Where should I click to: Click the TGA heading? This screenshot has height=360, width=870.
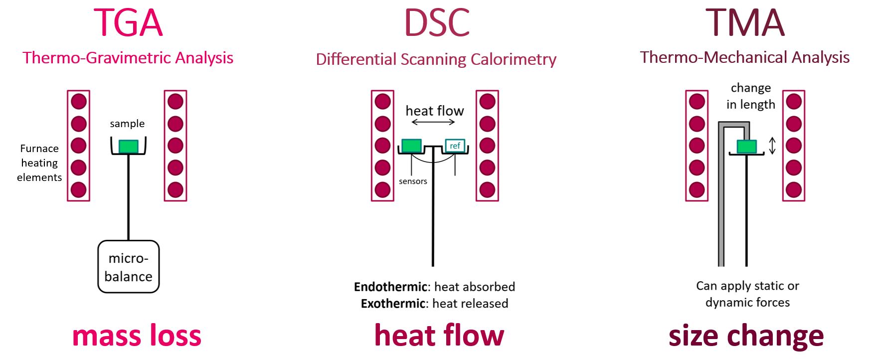(x=128, y=23)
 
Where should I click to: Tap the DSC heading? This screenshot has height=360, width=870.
(x=437, y=23)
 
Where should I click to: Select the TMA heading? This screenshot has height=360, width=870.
(x=745, y=23)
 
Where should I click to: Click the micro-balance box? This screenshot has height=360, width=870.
(x=128, y=267)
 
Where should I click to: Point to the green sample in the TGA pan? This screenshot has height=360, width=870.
(x=129, y=146)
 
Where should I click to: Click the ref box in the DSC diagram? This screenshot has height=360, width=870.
(x=455, y=146)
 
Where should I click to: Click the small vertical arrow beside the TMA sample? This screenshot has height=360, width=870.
(x=772, y=146)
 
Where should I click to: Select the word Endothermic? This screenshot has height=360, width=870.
(x=390, y=287)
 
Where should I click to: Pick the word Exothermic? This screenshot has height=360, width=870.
(x=393, y=303)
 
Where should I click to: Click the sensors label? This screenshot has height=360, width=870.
(x=413, y=181)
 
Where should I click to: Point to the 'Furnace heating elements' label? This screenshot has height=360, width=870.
(x=39, y=163)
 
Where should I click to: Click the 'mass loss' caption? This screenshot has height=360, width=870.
(x=137, y=336)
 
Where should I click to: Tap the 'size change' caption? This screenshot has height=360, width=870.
(x=746, y=336)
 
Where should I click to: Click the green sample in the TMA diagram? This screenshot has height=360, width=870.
(x=746, y=147)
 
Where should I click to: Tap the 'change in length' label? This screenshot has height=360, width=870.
(x=750, y=96)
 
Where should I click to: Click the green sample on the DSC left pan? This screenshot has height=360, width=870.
(x=411, y=145)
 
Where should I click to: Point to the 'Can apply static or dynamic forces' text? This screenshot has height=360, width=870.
(x=747, y=294)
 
